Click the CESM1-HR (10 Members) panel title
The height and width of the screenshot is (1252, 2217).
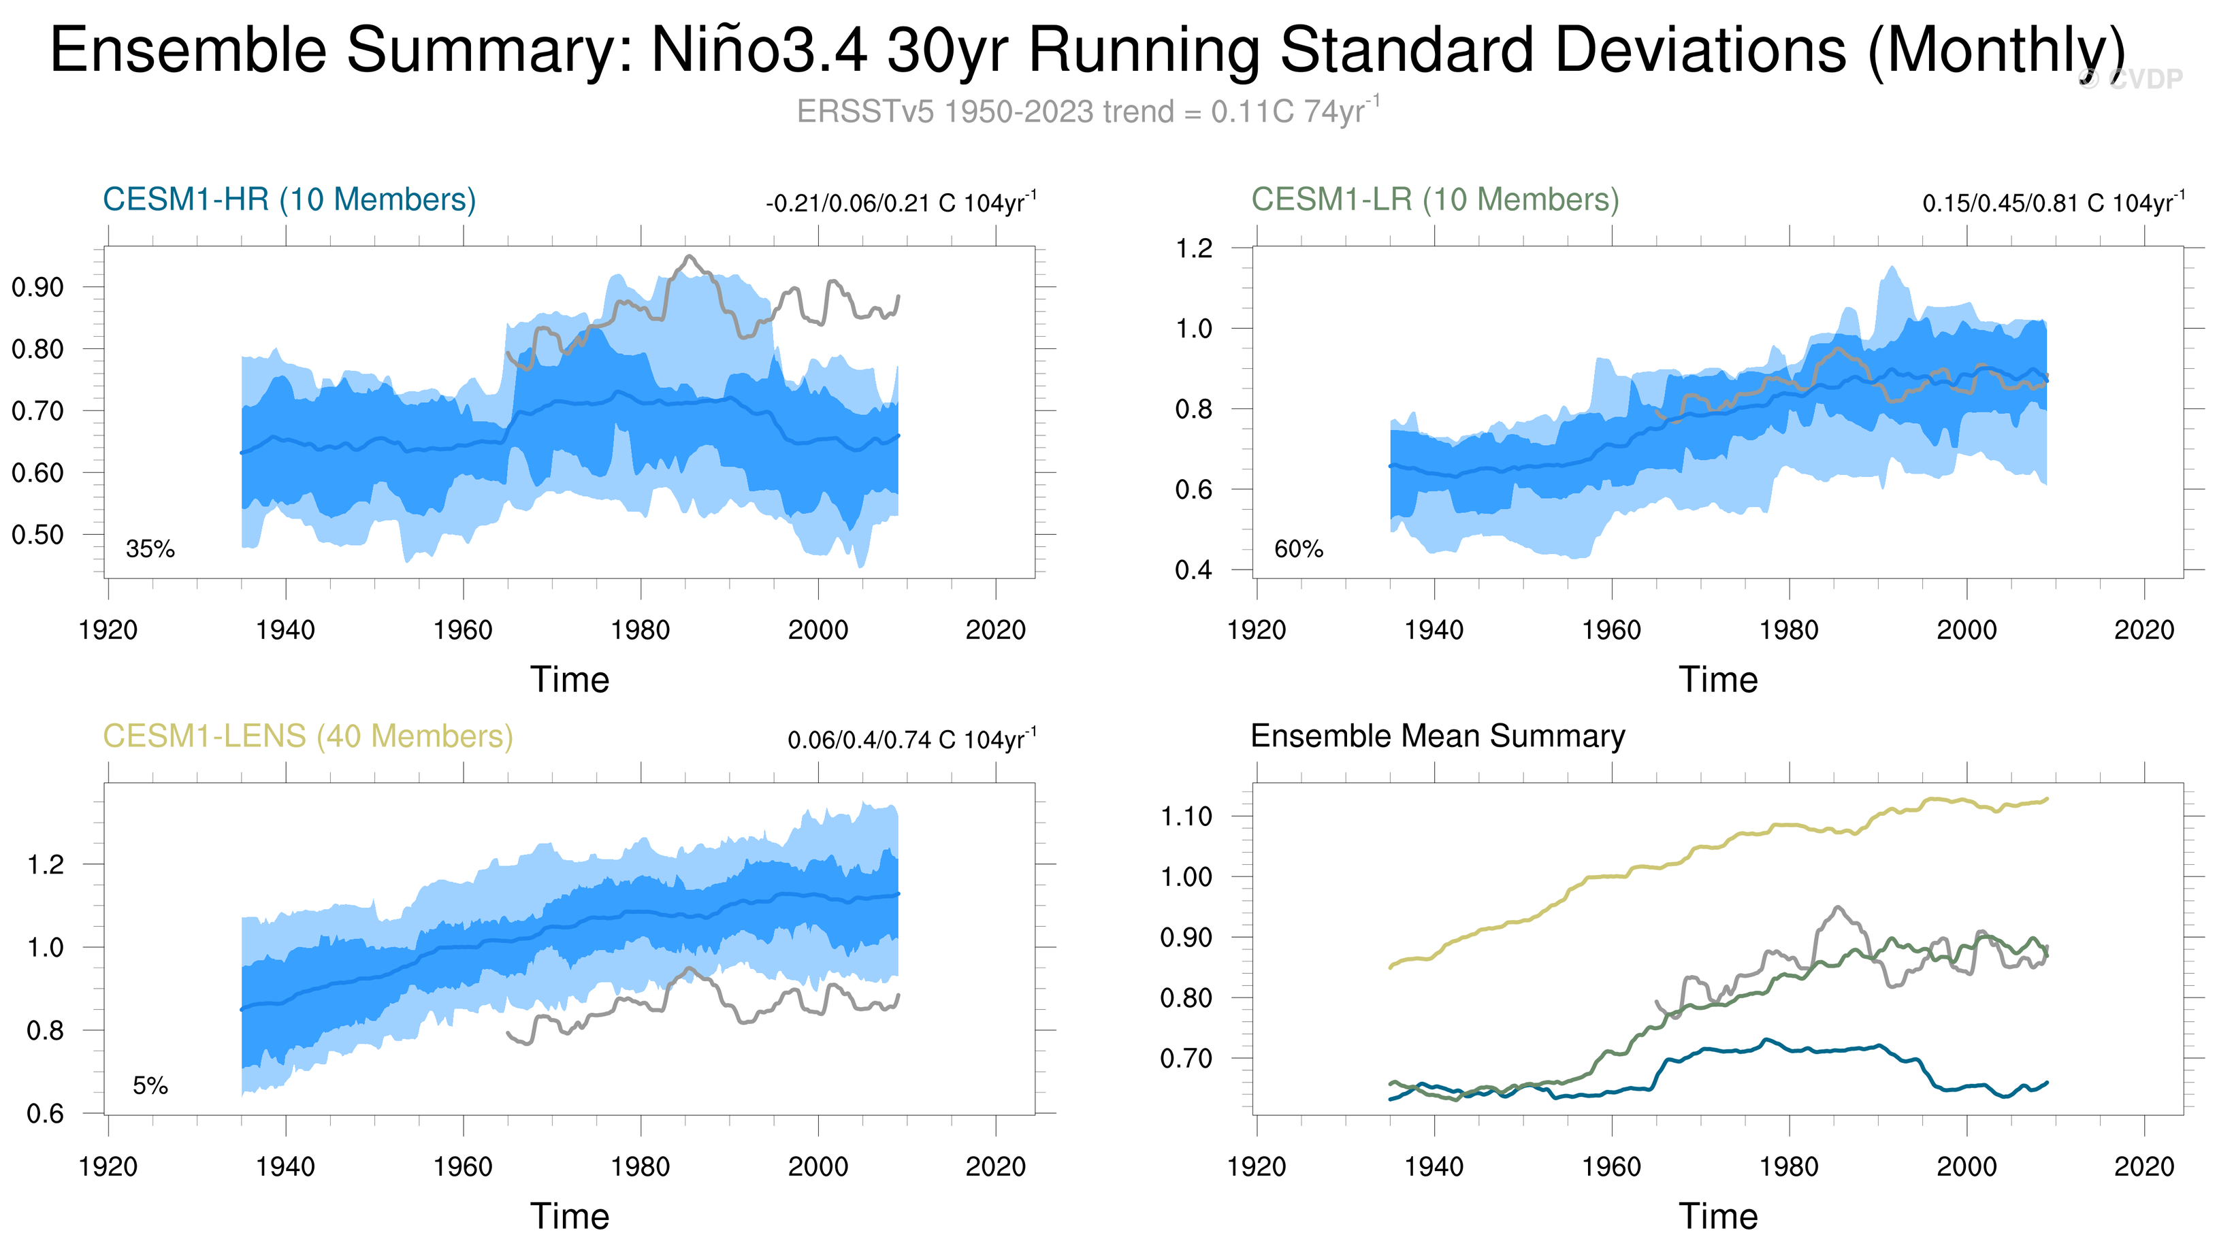click(x=289, y=199)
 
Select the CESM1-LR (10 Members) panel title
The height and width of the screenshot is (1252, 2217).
click(x=1435, y=199)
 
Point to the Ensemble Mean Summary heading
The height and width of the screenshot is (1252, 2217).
click(x=1437, y=737)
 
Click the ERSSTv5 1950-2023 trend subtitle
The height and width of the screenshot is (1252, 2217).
click(x=1088, y=112)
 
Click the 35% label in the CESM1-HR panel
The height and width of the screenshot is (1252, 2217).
click(x=150, y=549)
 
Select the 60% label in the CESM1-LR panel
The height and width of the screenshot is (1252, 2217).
click(x=1299, y=549)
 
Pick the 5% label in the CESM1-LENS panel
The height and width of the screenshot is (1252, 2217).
click(x=150, y=1086)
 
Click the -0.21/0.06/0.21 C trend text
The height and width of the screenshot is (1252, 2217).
click(x=901, y=204)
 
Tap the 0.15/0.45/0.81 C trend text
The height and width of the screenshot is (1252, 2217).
click(x=2053, y=204)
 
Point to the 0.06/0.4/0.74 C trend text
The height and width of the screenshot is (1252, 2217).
click(x=911, y=740)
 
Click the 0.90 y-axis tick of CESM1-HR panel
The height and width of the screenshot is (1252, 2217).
click(x=38, y=287)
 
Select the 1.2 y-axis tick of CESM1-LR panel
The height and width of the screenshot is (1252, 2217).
click(x=1194, y=248)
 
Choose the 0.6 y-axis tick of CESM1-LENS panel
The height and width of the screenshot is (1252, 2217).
click(x=45, y=1115)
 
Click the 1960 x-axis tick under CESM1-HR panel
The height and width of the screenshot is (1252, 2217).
click(x=463, y=630)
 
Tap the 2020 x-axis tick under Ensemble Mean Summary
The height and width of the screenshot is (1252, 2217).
click(x=2144, y=1167)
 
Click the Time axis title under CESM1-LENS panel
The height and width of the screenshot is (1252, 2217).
click(x=570, y=1217)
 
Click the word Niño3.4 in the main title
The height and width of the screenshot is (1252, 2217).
click(x=758, y=50)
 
